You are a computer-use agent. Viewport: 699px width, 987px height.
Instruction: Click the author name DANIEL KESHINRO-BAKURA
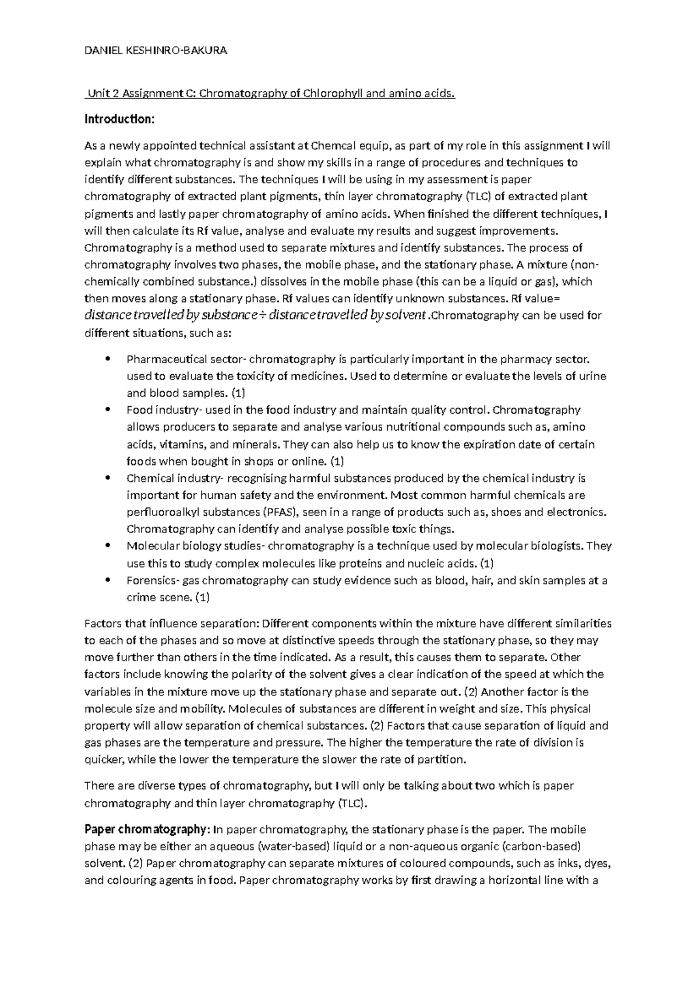tap(156, 51)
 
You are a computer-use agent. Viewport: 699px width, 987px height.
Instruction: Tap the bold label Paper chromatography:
tap(145, 829)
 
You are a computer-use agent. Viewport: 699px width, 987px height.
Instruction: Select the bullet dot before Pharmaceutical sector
tap(107, 358)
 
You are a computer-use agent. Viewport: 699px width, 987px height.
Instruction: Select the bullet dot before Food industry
tap(107, 410)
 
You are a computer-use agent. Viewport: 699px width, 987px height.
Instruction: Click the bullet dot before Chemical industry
tap(107, 478)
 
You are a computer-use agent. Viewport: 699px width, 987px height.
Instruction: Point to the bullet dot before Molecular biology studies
tap(107, 546)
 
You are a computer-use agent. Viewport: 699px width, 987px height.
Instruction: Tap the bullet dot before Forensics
tap(107, 580)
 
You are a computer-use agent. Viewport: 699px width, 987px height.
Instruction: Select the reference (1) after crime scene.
tap(202, 598)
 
